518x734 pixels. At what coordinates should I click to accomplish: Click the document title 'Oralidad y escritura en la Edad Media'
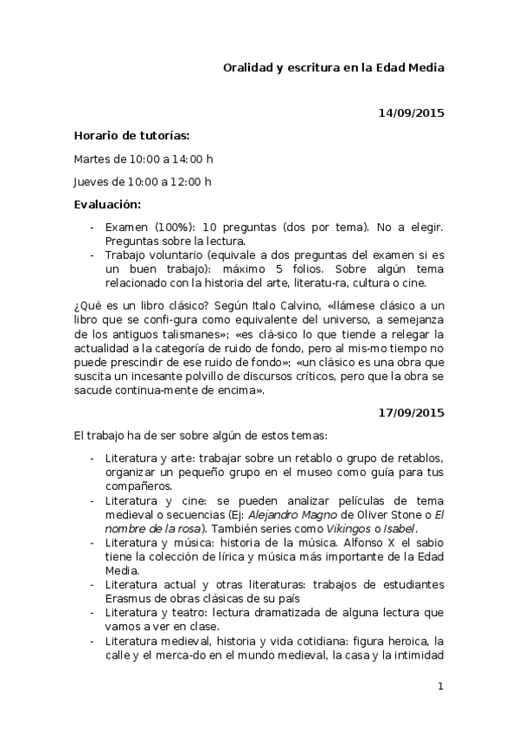click(x=334, y=68)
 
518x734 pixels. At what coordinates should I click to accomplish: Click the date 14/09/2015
click(x=412, y=113)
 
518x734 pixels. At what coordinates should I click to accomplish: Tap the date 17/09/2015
click(x=412, y=413)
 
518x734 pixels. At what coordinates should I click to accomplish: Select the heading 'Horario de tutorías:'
click(x=131, y=136)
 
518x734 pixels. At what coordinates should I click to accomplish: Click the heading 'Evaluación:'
click(x=107, y=204)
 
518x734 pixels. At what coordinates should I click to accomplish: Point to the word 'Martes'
click(x=92, y=158)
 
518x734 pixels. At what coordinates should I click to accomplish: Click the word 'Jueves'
click(x=92, y=182)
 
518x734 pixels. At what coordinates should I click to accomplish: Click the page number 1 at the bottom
click(x=440, y=686)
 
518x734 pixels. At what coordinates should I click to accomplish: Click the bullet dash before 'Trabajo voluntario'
click(x=93, y=255)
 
